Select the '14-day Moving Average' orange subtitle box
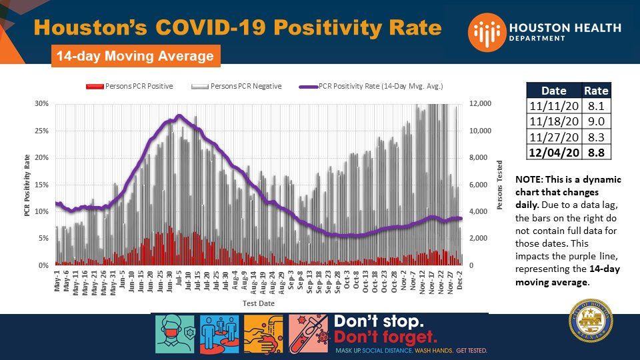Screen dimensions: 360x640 point(135,56)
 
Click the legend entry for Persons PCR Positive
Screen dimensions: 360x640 point(130,87)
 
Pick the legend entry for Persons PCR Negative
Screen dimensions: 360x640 point(237,87)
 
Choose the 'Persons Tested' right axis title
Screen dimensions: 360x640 point(499,185)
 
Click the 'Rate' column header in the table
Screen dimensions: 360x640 point(596,91)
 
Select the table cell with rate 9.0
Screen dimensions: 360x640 point(596,121)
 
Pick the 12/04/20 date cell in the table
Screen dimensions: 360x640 point(553,152)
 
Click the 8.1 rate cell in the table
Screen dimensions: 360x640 point(596,106)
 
